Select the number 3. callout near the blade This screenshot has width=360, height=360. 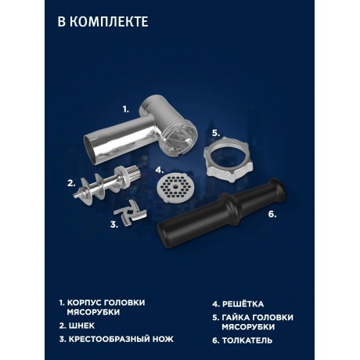pyautogui.click(x=114, y=225)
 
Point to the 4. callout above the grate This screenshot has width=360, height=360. pyautogui.click(x=159, y=169)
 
